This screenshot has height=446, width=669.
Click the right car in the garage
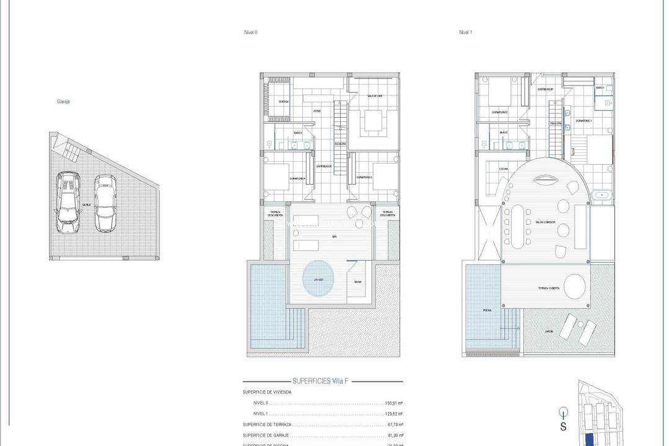pos(105,203)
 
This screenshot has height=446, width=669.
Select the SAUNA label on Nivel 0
pos(358,282)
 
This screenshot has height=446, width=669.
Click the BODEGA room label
pos(284,101)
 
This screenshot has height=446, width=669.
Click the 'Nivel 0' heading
pos(250,32)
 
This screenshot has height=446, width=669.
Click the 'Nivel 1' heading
pos(465,32)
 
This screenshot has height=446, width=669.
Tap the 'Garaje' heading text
pos(63,102)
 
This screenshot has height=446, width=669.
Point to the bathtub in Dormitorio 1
pos(601,196)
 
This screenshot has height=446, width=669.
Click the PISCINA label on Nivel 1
pos(488,310)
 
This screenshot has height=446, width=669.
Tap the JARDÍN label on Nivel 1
pos(549,332)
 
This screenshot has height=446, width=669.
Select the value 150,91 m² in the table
pos(394,403)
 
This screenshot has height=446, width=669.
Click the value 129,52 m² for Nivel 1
pos(394,414)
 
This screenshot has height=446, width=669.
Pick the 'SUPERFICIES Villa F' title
pos(323,382)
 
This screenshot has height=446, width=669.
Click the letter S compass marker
pos(563,426)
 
